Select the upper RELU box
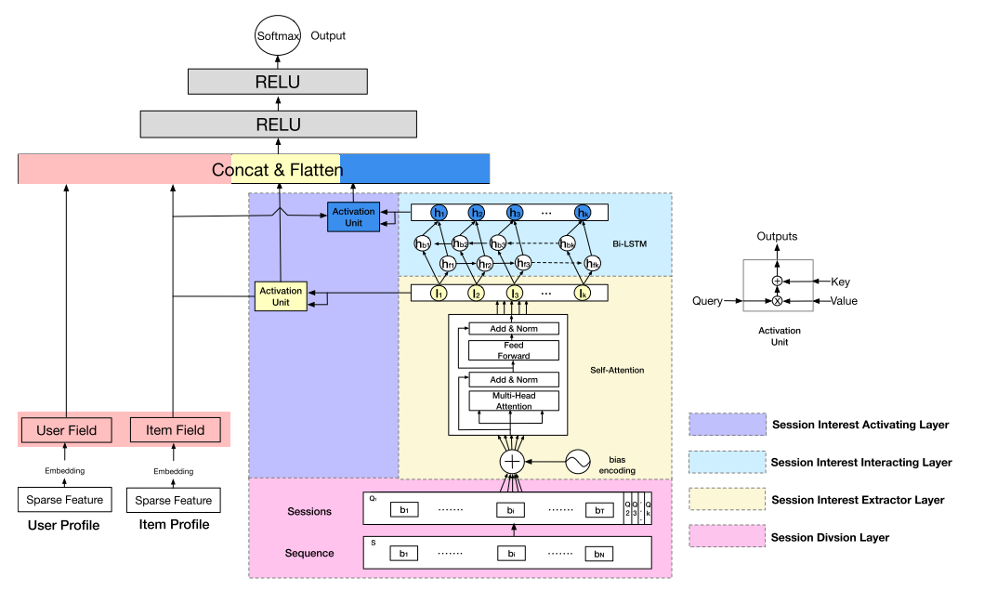[x=278, y=82]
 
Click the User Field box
[x=66, y=430]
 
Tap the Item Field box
[x=175, y=430]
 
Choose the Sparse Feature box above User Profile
[x=64, y=500]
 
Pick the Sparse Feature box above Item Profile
[x=174, y=500]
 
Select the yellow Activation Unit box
[x=281, y=296]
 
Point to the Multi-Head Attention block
[x=514, y=400]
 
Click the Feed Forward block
[x=514, y=350]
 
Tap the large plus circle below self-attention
[x=512, y=462]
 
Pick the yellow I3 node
[x=514, y=294]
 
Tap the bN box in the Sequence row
[x=599, y=554]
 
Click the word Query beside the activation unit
[x=708, y=301]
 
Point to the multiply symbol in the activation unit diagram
[x=777, y=301]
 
